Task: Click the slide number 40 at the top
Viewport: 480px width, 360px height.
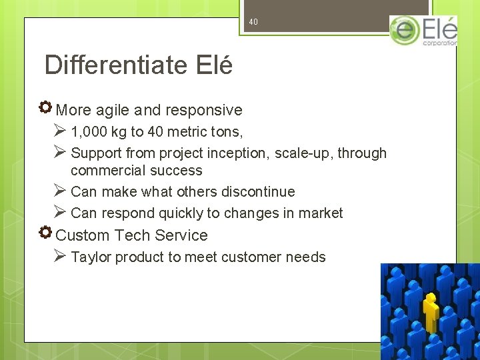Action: [253, 22]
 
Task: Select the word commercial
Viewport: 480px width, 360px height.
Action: [107, 171]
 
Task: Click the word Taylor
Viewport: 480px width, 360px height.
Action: [91, 257]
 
